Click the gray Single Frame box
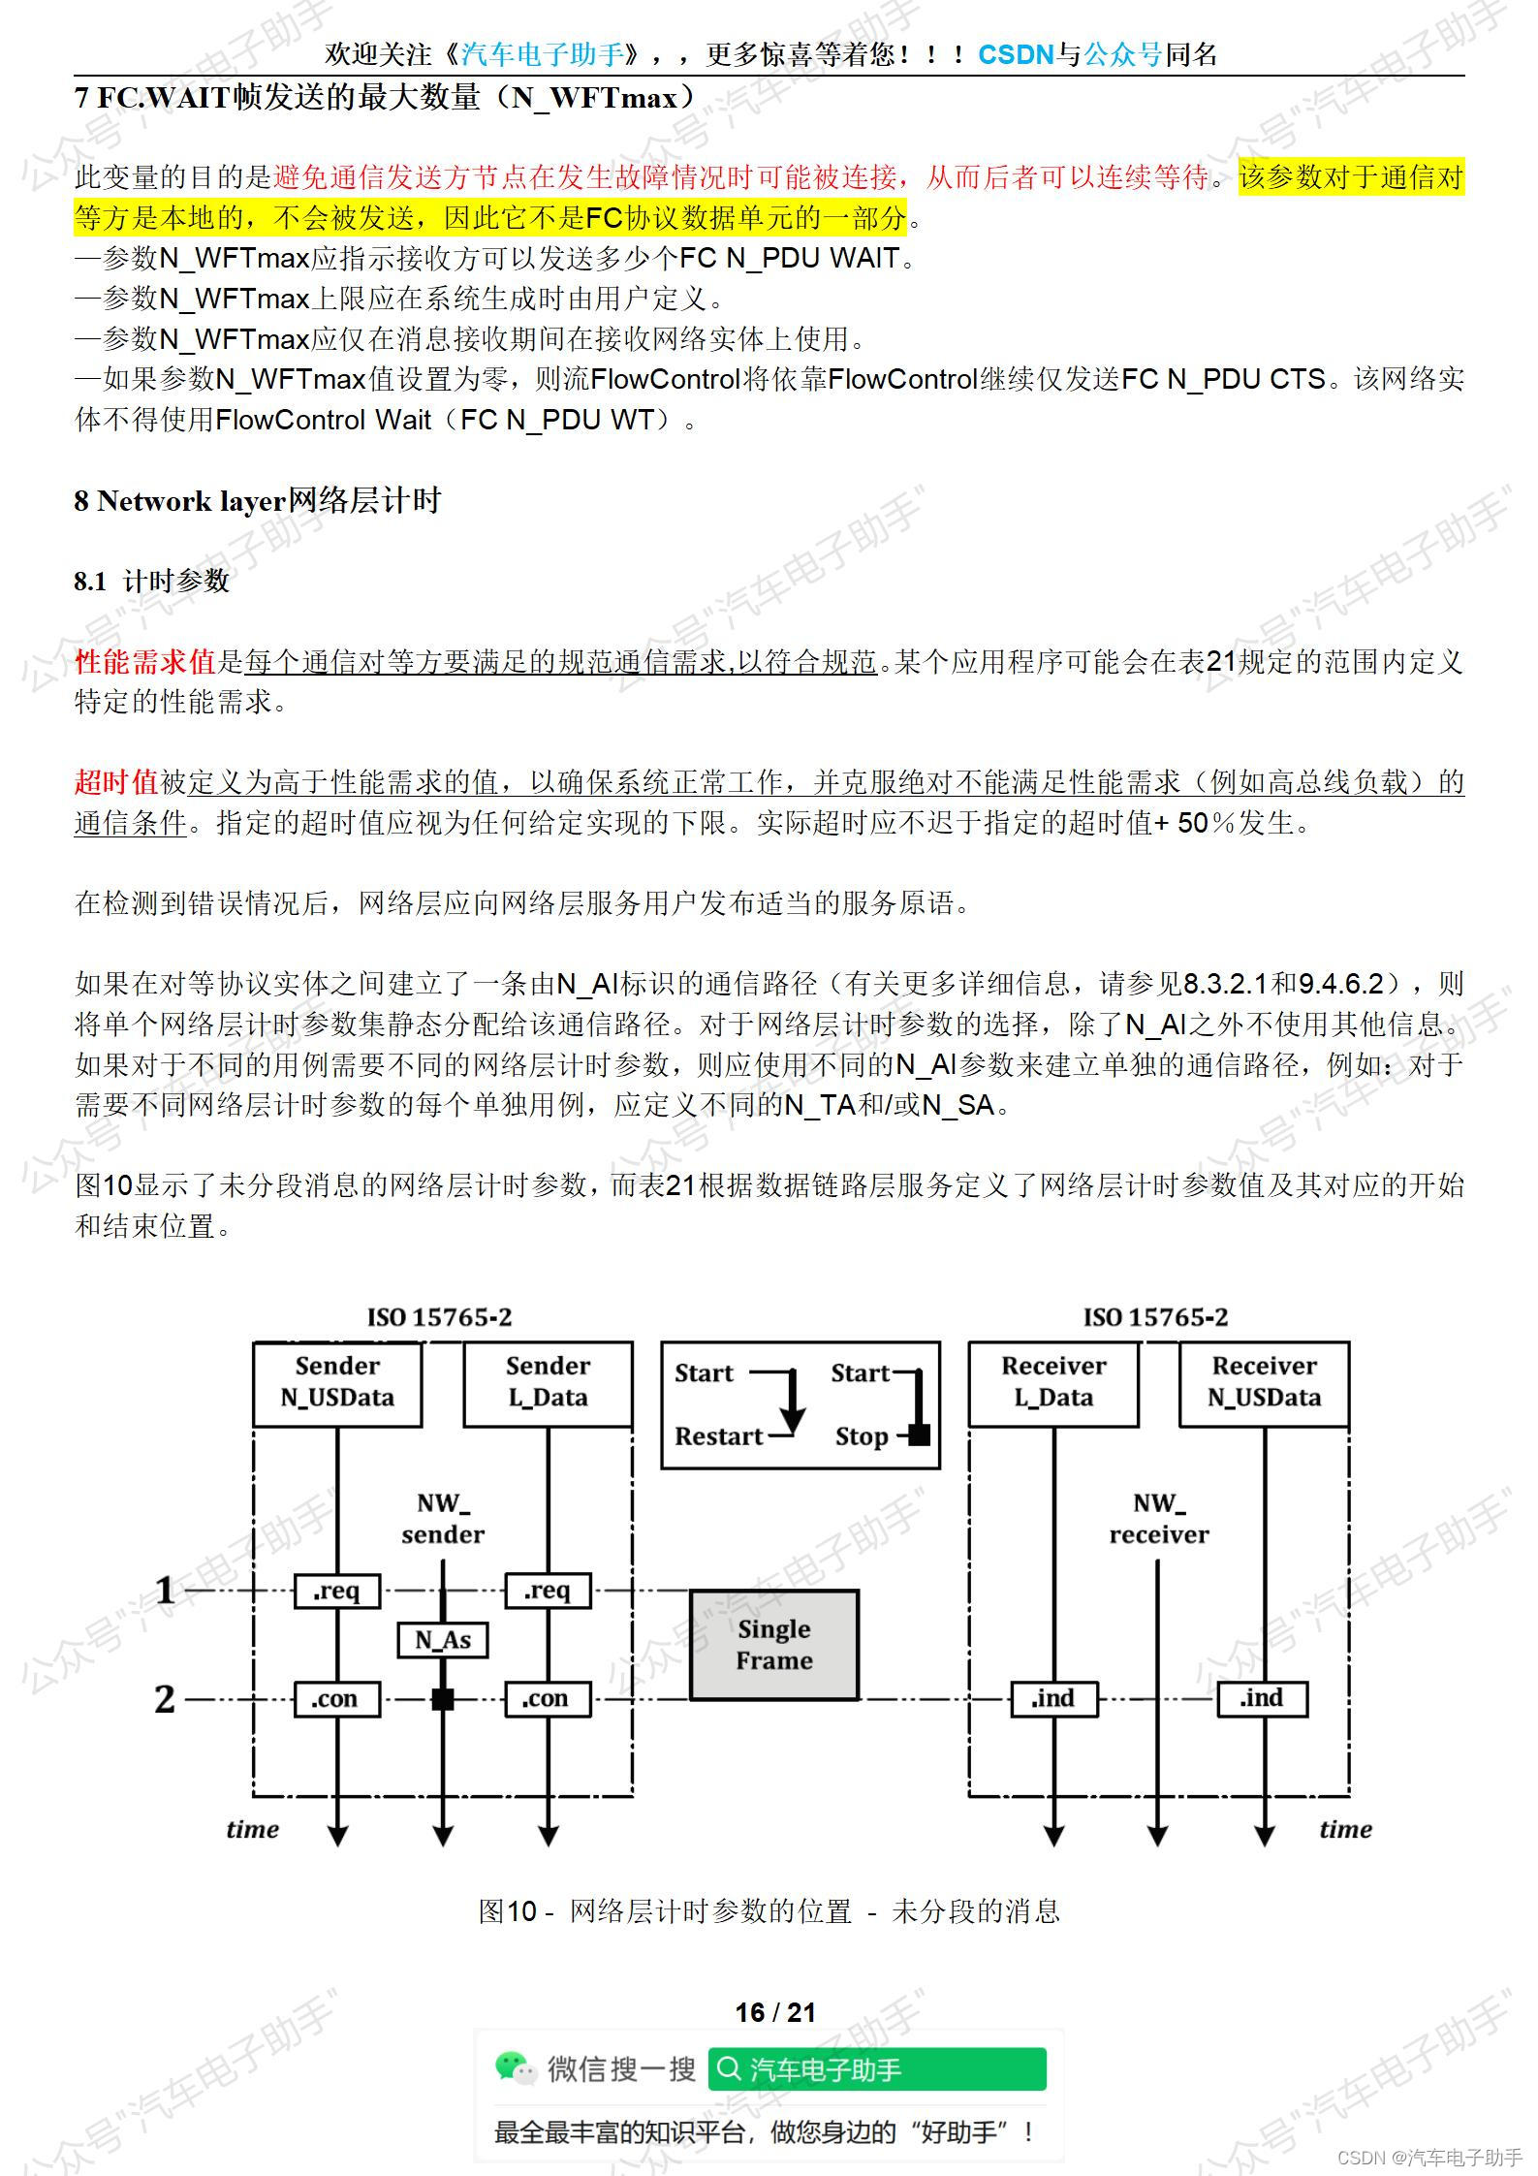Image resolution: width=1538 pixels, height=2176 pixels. (773, 1645)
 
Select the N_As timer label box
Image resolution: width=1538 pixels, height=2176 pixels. (443, 1640)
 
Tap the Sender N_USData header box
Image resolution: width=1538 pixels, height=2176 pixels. (337, 1383)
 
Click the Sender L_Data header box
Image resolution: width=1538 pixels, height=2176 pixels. (548, 1383)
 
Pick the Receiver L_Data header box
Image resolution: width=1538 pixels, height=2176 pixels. (1053, 1383)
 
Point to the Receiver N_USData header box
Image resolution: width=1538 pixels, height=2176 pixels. (1264, 1383)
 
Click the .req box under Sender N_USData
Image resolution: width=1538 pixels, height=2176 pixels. (337, 1591)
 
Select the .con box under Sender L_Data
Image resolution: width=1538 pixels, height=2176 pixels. (548, 1699)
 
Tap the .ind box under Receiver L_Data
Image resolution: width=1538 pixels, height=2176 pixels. (1053, 1699)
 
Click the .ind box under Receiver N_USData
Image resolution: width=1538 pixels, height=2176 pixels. (1263, 1699)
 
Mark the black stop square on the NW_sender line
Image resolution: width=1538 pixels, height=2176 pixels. (443, 1699)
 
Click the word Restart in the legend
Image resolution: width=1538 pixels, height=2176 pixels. (718, 1436)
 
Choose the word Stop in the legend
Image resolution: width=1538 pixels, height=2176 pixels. (862, 1436)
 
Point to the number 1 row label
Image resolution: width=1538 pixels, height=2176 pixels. (166, 1591)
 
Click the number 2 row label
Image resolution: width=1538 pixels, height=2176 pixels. (166, 1699)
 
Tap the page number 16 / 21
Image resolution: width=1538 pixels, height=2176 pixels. (775, 2012)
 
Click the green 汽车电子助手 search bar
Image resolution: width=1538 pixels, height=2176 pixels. (877, 2069)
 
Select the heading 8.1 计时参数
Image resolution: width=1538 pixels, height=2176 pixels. (152, 581)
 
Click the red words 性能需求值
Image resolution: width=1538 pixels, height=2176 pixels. (145, 661)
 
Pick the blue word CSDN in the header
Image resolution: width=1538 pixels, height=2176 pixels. (1016, 54)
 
